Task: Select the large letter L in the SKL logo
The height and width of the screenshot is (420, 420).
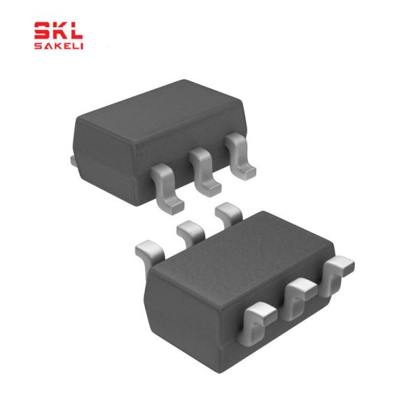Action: pyautogui.click(x=76, y=31)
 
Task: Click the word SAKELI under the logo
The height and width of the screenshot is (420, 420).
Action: pyautogui.click(x=59, y=46)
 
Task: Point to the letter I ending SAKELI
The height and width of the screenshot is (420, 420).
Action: pyautogui.click(x=82, y=46)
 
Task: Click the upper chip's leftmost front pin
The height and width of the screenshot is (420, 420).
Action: pyautogui.click(x=167, y=189)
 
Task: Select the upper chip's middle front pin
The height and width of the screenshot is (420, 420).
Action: pyautogui.click(x=204, y=171)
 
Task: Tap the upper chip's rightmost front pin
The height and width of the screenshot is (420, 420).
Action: pyautogui.click(x=239, y=156)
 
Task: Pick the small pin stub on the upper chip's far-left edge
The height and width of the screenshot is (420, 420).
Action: pyautogui.click(x=73, y=161)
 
